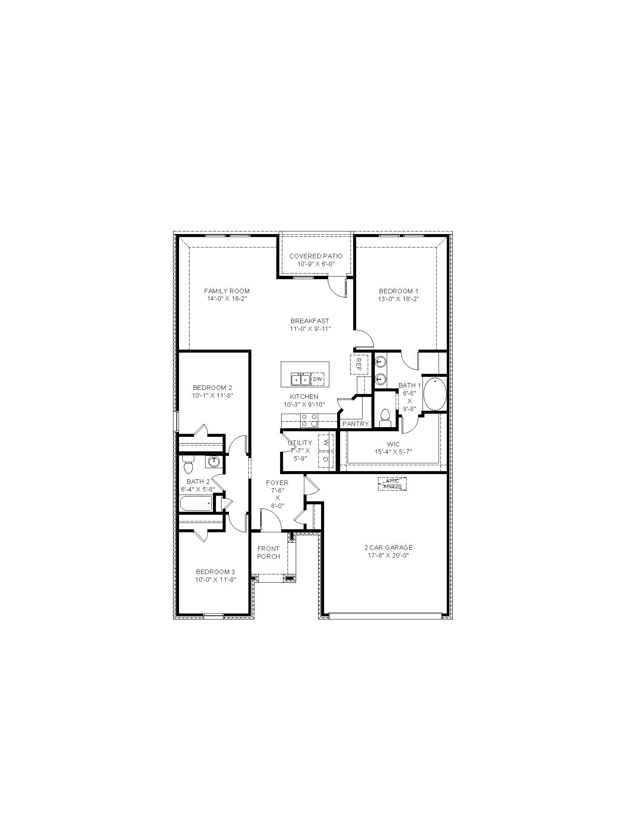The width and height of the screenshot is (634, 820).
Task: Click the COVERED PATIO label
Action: click(316, 256)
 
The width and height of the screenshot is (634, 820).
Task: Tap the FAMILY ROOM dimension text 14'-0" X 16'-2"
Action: click(227, 299)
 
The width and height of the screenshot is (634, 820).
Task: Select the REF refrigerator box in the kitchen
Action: click(359, 364)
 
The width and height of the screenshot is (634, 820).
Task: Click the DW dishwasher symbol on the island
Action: click(318, 379)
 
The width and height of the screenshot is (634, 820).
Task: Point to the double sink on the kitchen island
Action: click(301, 379)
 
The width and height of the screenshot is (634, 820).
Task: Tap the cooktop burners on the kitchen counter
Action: click(309, 420)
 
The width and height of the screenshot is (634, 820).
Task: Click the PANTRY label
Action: click(356, 424)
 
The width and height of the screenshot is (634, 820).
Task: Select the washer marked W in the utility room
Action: click(326, 442)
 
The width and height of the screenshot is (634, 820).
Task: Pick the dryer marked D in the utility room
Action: click(326, 459)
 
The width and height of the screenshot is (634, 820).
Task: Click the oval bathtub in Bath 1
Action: click(434, 395)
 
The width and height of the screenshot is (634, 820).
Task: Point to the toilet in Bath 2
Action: click(188, 465)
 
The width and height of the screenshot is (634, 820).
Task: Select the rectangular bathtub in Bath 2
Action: click(197, 504)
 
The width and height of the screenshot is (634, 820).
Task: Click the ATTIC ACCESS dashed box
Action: click(392, 484)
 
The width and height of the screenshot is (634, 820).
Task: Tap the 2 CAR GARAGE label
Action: click(388, 548)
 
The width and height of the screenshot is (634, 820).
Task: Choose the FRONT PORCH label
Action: click(269, 553)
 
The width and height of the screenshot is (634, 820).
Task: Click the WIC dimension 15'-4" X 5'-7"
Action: click(393, 452)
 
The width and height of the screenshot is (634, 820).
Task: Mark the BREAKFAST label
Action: click(310, 321)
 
